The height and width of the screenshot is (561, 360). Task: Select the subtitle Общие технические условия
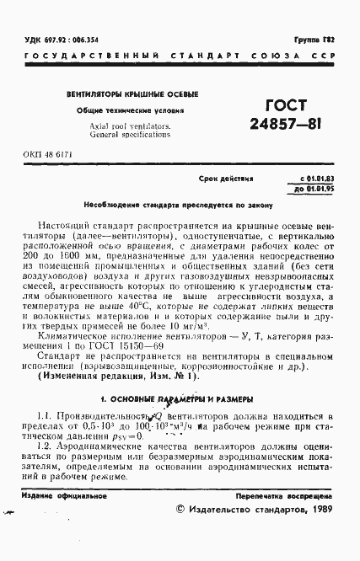126,111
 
